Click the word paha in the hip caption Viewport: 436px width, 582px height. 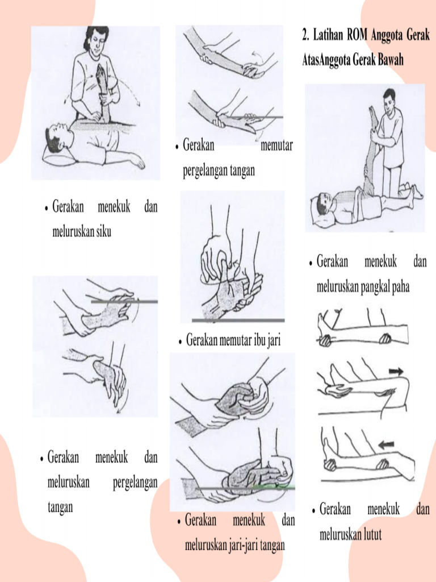point(399,288)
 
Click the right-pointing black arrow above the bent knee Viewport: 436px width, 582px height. point(396,371)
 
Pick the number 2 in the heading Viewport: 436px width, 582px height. point(305,36)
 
